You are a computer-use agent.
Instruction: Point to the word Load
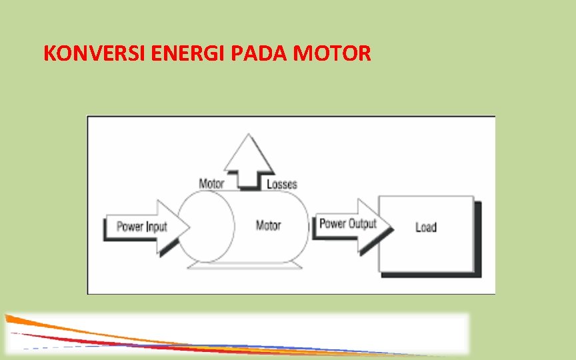[x=426, y=227]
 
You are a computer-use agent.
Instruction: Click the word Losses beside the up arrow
[x=282, y=184]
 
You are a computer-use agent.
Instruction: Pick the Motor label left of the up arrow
[x=211, y=183]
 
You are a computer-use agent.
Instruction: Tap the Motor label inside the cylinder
[x=268, y=226]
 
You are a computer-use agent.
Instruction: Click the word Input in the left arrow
[x=157, y=227]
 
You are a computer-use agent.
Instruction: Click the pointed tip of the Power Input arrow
[x=188, y=227]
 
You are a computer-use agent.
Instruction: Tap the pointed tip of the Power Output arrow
[x=391, y=227]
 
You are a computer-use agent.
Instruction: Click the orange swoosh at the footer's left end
[x=27, y=320]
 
